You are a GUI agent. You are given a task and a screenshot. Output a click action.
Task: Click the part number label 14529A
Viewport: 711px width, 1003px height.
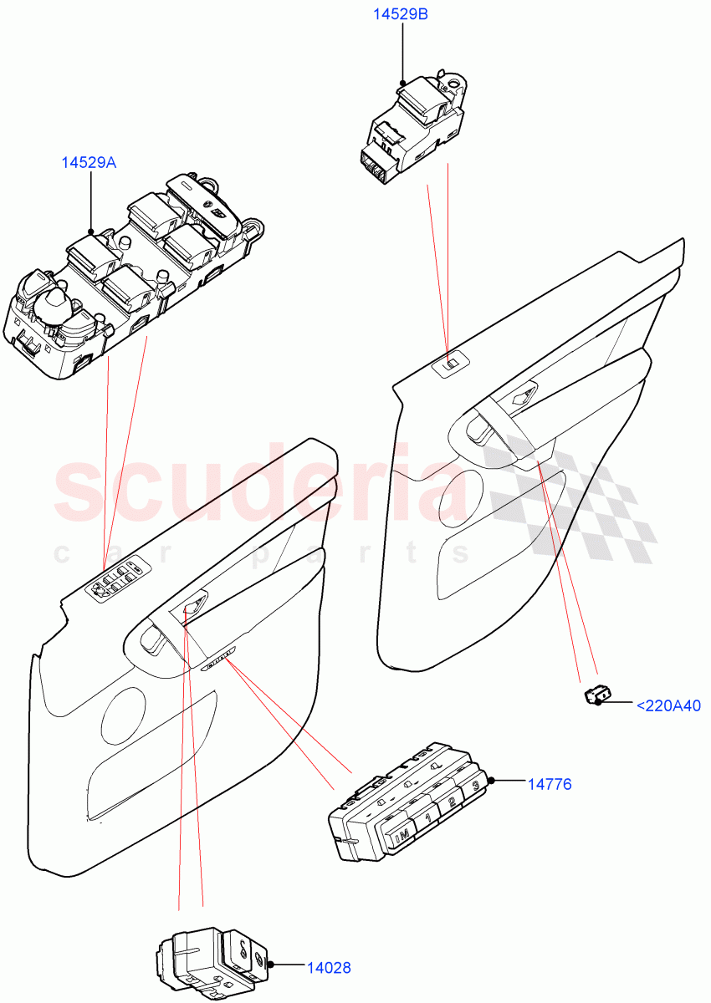tap(88, 163)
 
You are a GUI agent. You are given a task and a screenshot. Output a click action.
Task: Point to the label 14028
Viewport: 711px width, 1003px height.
tap(327, 968)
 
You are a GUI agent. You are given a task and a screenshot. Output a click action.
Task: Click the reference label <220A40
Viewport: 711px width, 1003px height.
tap(668, 705)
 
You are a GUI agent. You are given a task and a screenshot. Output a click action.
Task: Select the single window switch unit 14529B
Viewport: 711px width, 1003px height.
tap(414, 125)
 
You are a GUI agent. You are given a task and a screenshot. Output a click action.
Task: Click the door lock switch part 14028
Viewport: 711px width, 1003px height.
tap(213, 961)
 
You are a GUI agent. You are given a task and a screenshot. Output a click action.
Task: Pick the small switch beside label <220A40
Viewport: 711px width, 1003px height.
tap(597, 694)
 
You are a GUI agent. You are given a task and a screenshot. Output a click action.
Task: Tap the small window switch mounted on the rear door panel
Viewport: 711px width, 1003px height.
tap(451, 364)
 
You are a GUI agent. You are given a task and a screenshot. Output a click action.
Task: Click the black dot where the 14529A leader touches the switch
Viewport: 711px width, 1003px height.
tap(91, 232)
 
